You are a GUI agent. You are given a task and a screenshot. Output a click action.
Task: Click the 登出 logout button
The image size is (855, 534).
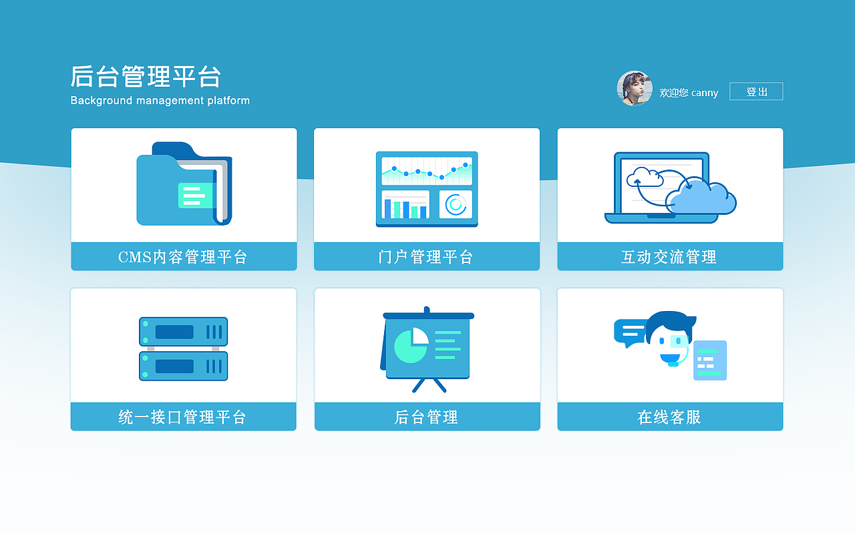click(x=755, y=91)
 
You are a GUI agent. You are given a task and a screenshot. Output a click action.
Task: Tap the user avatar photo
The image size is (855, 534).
click(x=634, y=89)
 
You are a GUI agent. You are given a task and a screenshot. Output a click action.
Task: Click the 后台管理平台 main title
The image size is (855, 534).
click(x=146, y=77)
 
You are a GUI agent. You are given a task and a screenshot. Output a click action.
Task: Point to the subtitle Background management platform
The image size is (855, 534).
click(x=160, y=101)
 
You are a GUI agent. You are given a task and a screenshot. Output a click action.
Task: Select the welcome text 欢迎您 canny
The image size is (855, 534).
click(x=689, y=93)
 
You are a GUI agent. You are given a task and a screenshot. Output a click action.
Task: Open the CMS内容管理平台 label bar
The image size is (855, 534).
click(x=184, y=257)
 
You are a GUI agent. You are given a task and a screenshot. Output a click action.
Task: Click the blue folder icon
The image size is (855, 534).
click(x=183, y=185)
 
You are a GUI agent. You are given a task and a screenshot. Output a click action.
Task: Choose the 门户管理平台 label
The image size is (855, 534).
click(x=426, y=257)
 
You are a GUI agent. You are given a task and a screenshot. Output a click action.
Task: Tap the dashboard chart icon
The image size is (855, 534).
click(x=427, y=189)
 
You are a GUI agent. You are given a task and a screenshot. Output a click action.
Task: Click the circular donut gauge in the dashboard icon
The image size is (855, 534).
click(x=456, y=204)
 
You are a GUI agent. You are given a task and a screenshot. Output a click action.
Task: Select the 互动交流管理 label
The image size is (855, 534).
click(x=669, y=257)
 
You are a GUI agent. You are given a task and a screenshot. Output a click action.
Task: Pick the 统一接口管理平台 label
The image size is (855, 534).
click(x=183, y=417)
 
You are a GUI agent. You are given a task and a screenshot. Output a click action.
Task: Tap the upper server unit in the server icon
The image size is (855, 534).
click(x=183, y=332)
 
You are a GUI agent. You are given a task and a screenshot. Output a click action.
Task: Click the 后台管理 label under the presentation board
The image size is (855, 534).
click(x=426, y=417)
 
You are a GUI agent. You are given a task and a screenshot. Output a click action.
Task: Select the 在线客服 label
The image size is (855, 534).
click(x=669, y=417)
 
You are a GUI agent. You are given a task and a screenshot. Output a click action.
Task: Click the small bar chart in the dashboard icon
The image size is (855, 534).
click(x=405, y=205)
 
